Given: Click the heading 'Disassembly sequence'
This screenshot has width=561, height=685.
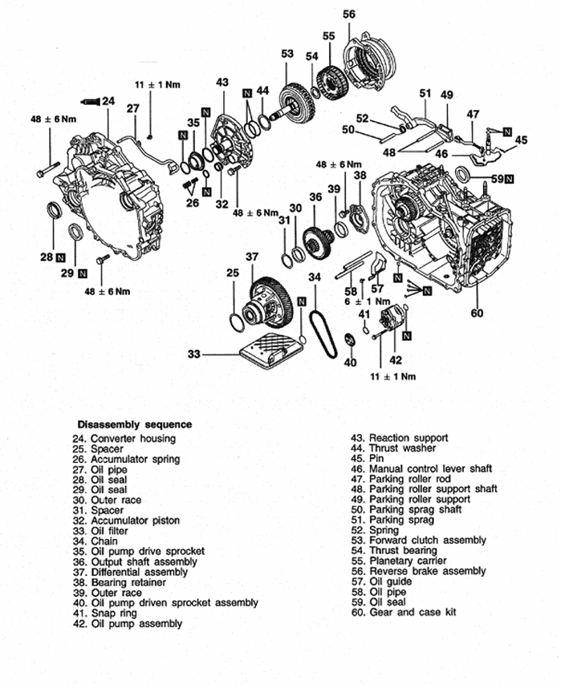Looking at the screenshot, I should (x=134, y=424).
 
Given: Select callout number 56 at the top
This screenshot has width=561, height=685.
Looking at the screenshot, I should (x=349, y=14).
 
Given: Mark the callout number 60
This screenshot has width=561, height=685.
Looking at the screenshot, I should (x=478, y=313).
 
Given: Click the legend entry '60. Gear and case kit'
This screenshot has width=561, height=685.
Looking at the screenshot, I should (x=412, y=612).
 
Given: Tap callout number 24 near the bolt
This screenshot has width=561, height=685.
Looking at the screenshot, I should (x=109, y=101).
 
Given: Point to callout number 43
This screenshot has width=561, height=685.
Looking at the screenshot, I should (x=222, y=82).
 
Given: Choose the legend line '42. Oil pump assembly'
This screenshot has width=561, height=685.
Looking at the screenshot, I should (x=136, y=623).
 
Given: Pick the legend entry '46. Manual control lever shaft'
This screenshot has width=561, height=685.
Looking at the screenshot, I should (x=430, y=468).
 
